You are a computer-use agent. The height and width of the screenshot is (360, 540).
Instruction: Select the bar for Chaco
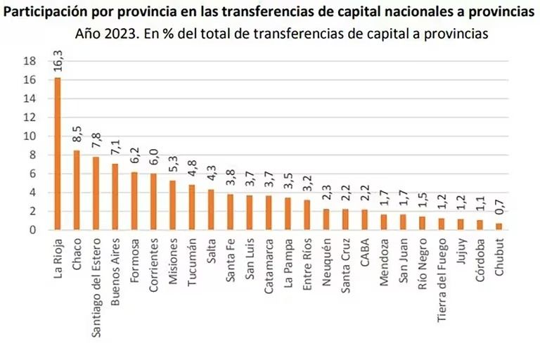76,190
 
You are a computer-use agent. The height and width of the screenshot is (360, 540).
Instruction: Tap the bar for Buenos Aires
115,196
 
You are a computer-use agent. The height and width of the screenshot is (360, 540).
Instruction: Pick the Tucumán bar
191,207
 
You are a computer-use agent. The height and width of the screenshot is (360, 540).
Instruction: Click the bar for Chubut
499,226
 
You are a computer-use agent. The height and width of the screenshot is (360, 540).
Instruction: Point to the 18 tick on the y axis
30,61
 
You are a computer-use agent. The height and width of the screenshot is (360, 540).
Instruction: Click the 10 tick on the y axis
30,136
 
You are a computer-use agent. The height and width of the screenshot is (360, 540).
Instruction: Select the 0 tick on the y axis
32,230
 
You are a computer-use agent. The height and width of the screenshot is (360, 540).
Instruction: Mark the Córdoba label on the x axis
480,257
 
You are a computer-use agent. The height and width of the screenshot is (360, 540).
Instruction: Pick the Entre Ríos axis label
307,259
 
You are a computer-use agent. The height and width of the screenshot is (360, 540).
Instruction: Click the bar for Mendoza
384,221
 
